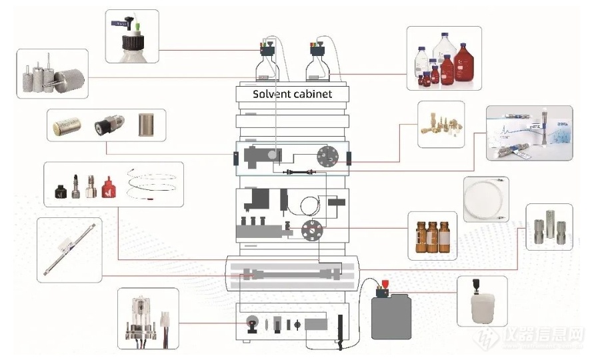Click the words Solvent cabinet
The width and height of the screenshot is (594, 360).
pyautogui.click(x=292, y=94)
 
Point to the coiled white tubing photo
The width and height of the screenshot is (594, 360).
pyautogui.click(x=486, y=199)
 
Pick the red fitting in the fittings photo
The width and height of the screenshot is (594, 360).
pyautogui.click(x=109, y=189)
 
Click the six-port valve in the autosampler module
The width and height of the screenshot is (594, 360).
pyautogui.click(x=310, y=230)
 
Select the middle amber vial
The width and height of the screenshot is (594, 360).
pyautogui.click(x=433, y=237)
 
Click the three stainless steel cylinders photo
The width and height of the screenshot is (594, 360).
pyautogui.click(x=549, y=227)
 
